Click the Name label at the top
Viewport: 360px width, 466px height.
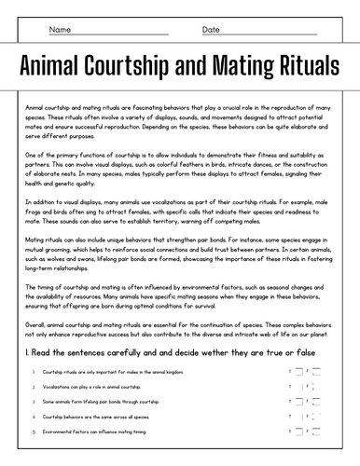tap(60, 30)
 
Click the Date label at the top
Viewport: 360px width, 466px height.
tap(211, 30)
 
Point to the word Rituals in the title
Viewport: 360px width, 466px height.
tap(304, 66)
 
